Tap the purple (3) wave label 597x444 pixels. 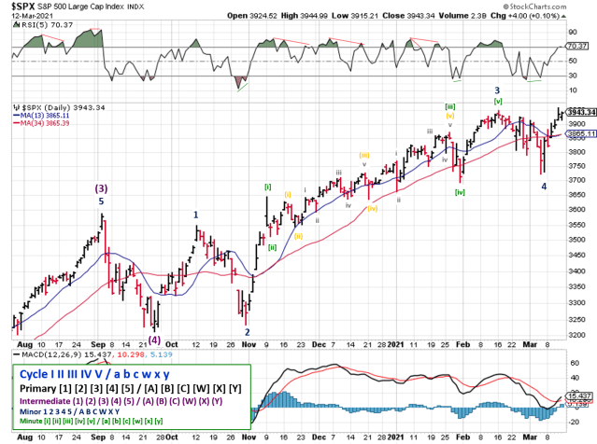pos(102,187)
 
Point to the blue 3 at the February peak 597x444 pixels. pos(496,90)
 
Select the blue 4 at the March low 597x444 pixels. pos(545,187)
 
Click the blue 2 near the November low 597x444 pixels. pos(248,331)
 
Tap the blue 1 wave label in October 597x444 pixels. pos(195,215)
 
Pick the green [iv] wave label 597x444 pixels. pos(460,193)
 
